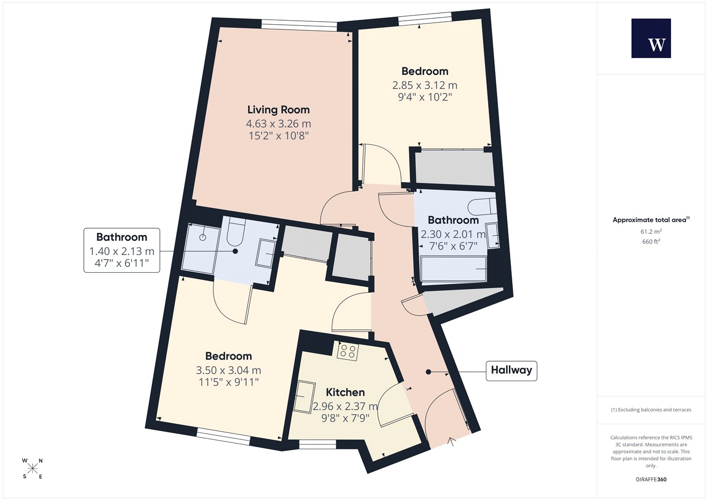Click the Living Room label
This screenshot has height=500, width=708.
(x=278, y=110)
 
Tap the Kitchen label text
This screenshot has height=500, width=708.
(x=345, y=392)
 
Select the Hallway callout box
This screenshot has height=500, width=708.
(x=511, y=371)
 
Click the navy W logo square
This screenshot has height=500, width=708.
(x=651, y=38)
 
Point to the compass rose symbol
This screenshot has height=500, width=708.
(x=32, y=469)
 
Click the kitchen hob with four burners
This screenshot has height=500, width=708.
(x=348, y=352)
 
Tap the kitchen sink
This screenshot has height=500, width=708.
(x=304, y=397)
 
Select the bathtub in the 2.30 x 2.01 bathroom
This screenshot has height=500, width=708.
(x=453, y=269)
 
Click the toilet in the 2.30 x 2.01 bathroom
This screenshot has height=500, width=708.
(x=482, y=207)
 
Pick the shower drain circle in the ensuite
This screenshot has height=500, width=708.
(x=203, y=237)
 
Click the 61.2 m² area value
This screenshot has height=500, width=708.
(x=651, y=231)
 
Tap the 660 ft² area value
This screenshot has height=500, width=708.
(x=651, y=241)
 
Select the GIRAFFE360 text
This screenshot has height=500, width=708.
(x=651, y=479)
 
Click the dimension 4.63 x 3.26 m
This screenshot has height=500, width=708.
(x=279, y=123)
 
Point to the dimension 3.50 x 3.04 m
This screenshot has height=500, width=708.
(x=229, y=370)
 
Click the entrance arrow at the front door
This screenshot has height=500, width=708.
(x=452, y=441)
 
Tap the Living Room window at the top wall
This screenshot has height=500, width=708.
(x=299, y=25)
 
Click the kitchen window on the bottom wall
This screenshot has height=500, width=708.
(x=318, y=444)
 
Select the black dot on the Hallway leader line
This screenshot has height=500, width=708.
(x=428, y=372)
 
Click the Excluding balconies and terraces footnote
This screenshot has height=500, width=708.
(x=651, y=410)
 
